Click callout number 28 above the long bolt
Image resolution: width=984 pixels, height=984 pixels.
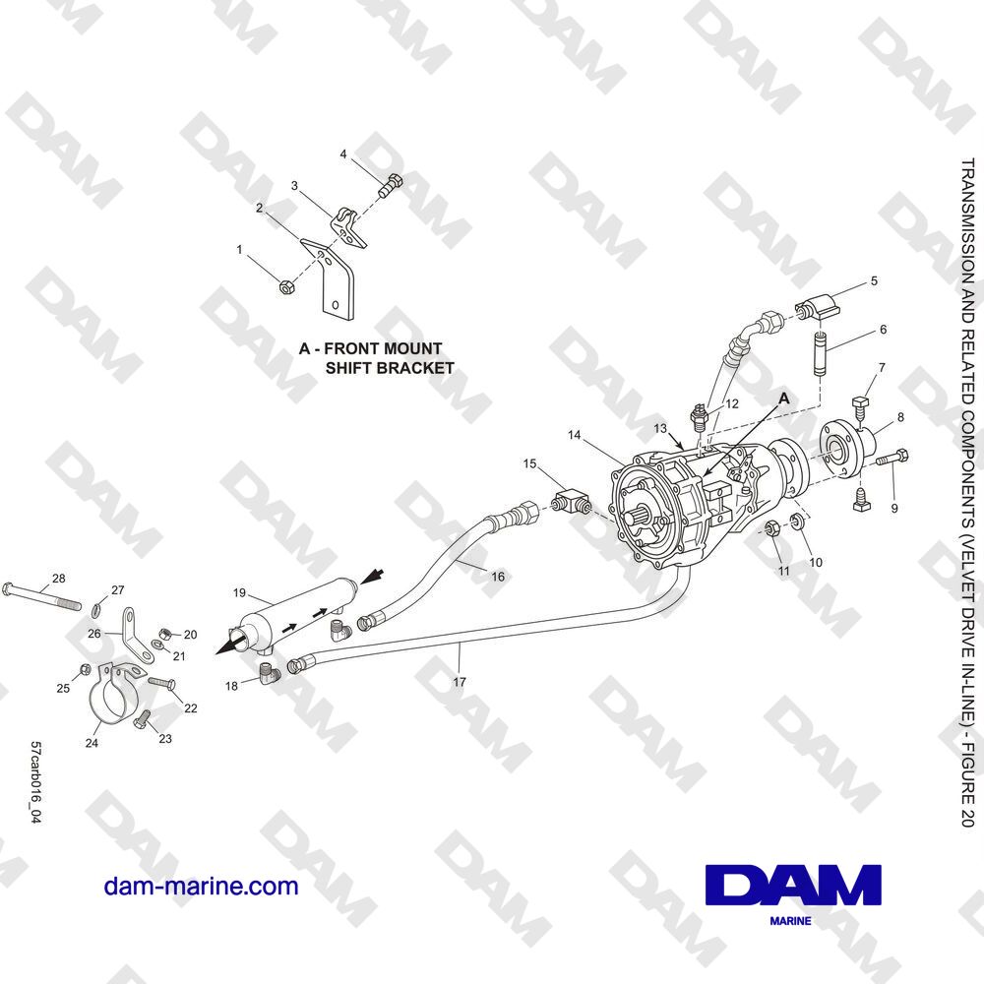58,578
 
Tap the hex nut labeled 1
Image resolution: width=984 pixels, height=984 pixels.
284,287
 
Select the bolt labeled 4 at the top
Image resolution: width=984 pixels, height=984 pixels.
391,183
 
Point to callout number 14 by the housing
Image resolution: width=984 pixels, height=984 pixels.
575,435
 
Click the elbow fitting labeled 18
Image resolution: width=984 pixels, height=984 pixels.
270,675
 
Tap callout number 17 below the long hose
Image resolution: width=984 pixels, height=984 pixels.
460,682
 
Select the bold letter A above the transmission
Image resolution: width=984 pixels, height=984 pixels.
784,399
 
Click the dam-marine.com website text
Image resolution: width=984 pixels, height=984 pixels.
201,887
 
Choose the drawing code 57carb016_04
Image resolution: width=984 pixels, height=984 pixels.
35,782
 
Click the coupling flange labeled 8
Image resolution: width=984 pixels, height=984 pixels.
847,449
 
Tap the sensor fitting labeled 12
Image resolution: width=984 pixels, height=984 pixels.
699,417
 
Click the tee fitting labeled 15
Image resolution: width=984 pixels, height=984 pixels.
572,503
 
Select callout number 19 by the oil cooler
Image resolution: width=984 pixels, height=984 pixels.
239,592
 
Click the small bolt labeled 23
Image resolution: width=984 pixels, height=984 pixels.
143,719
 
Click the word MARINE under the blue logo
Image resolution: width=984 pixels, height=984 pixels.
790,921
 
